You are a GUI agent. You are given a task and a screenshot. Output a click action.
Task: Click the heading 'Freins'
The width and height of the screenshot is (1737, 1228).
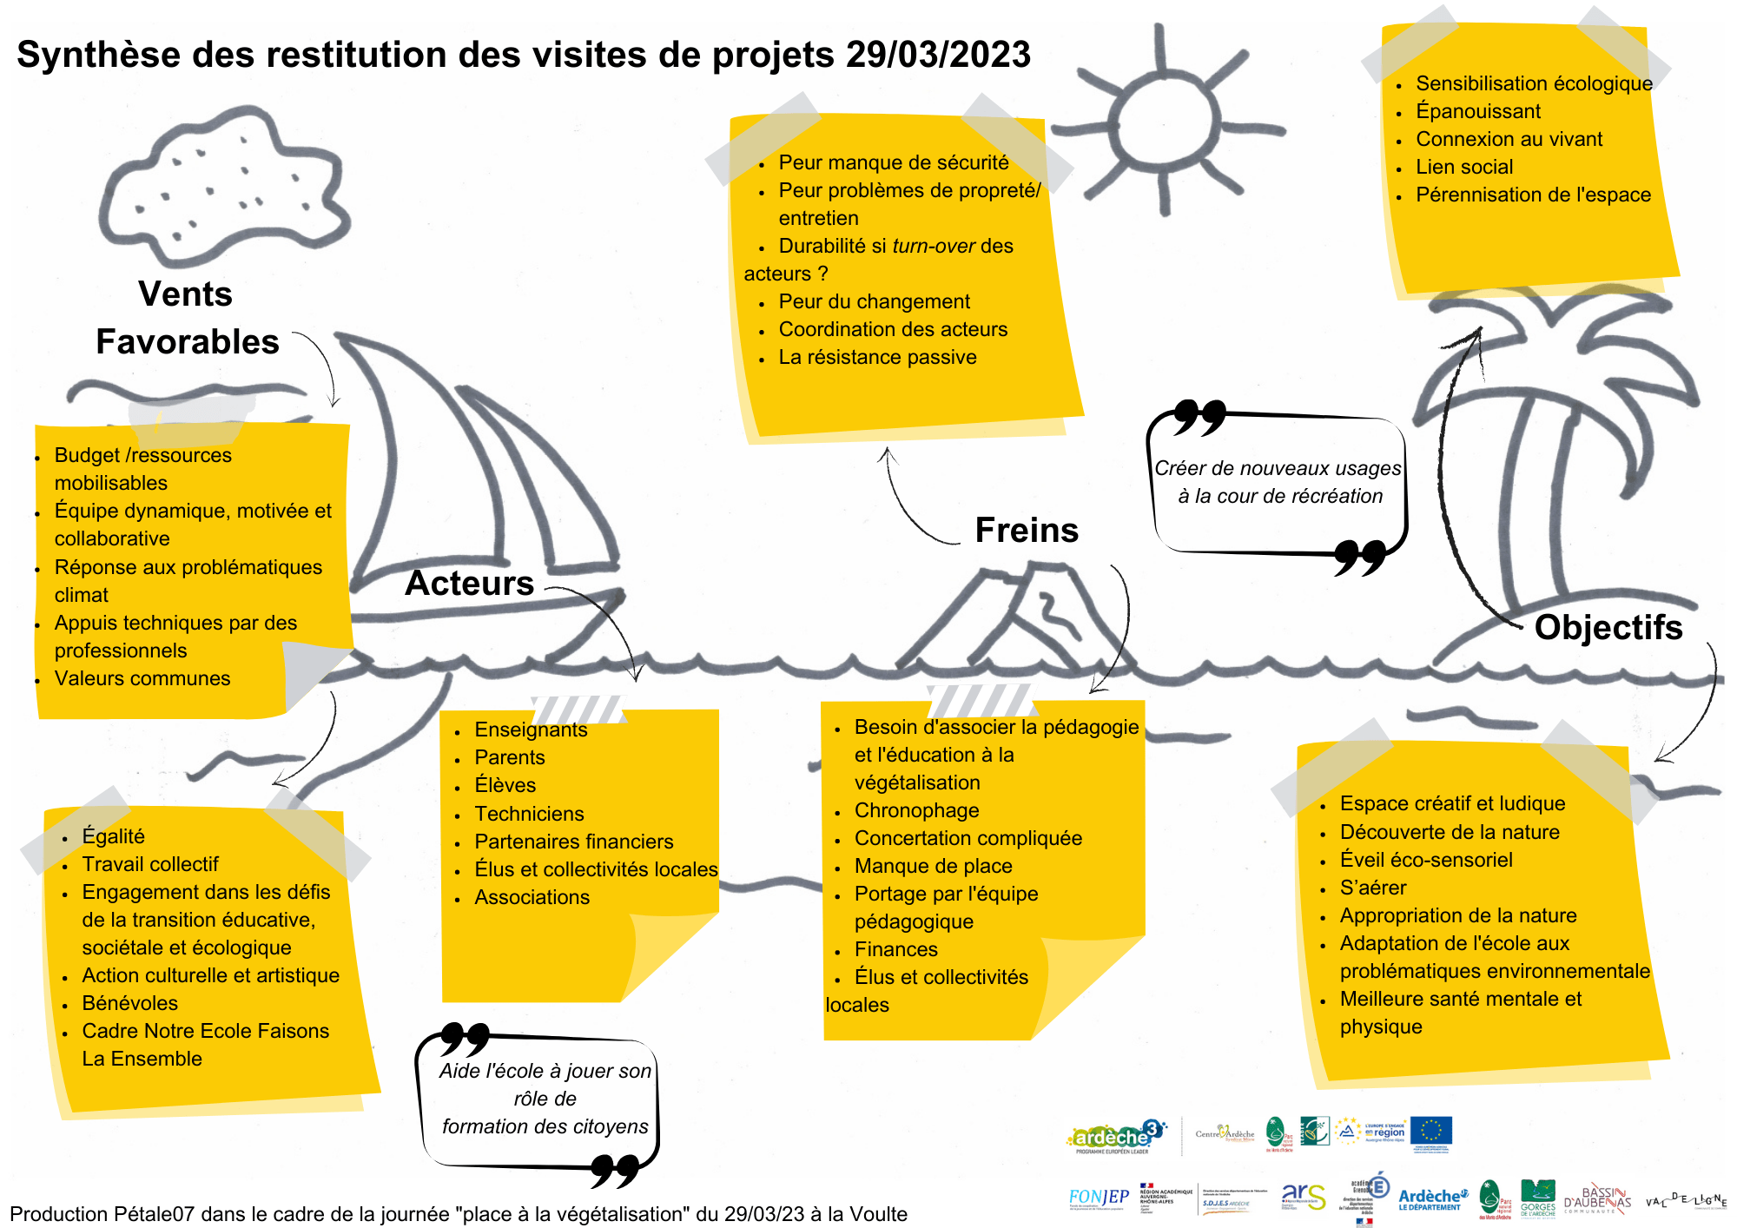pyautogui.click(x=1027, y=530)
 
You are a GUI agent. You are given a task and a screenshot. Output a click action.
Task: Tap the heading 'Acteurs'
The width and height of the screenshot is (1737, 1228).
pyautogui.click(x=469, y=583)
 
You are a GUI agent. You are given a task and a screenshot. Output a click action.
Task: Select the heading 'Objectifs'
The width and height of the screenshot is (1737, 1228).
pyautogui.click(x=1608, y=627)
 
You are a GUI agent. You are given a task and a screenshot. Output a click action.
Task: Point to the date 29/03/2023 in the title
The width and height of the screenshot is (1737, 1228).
pyautogui.click(x=938, y=55)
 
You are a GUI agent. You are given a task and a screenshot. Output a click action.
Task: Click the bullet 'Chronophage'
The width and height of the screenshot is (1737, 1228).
pyautogui.click(x=916, y=810)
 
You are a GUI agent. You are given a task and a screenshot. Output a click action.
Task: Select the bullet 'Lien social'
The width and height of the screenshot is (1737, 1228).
pyautogui.click(x=1464, y=167)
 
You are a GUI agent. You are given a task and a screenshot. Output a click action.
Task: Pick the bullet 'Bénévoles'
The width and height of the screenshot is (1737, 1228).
pyautogui.click(x=129, y=1003)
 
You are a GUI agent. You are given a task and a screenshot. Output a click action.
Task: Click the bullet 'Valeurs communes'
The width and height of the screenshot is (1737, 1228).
pyautogui.click(x=142, y=678)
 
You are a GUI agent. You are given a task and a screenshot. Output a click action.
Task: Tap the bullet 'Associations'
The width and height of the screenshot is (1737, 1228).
pyautogui.click(x=532, y=897)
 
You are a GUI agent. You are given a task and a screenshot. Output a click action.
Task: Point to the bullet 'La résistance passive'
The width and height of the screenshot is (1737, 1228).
pyautogui.click(x=877, y=357)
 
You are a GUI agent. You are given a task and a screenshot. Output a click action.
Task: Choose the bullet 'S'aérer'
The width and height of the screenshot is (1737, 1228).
pyautogui.click(x=1373, y=888)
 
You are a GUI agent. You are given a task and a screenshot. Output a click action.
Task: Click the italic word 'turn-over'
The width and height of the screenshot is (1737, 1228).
pyautogui.click(x=934, y=246)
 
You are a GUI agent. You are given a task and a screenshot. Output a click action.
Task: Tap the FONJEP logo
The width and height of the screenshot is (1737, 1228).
pyautogui.click(x=1099, y=1198)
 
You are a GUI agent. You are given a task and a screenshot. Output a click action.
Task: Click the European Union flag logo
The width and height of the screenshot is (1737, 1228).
pyautogui.click(x=1430, y=1132)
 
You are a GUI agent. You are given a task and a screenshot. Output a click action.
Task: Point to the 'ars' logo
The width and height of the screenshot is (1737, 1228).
pyautogui.click(x=1303, y=1196)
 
